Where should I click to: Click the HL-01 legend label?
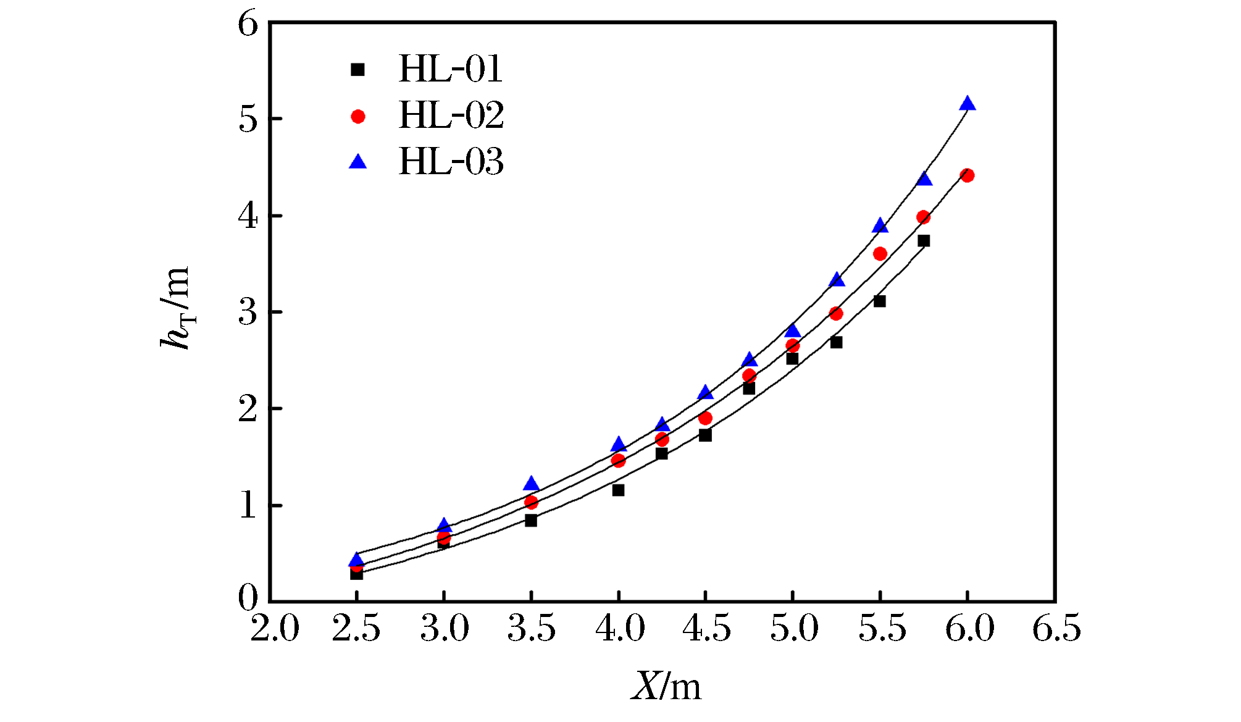(x=451, y=69)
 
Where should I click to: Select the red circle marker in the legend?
(x=358, y=116)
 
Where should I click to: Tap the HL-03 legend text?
(x=451, y=162)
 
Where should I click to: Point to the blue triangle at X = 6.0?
(x=967, y=104)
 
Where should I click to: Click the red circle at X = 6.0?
(x=967, y=175)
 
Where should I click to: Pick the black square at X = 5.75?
(x=924, y=241)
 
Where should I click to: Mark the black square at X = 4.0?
(x=618, y=490)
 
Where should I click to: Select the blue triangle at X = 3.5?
(x=531, y=484)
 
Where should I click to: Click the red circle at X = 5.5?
(x=880, y=254)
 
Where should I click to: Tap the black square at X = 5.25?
(x=837, y=342)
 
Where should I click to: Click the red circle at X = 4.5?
(x=706, y=418)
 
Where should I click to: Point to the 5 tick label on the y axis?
(x=248, y=119)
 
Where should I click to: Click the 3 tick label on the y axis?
(x=248, y=313)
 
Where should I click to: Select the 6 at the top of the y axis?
(x=248, y=25)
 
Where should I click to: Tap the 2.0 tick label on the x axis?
(x=275, y=629)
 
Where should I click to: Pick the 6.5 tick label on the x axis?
(x=1057, y=629)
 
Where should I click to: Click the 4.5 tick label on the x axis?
(x=706, y=629)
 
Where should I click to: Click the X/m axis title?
(x=666, y=686)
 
